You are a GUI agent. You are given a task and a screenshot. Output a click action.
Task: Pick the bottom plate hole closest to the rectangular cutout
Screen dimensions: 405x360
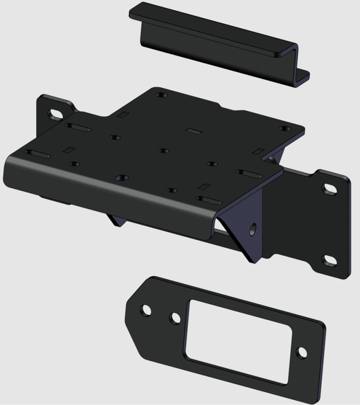coord(175,318)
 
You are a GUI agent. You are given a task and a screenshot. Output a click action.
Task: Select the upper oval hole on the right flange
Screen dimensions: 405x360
coord(330,188)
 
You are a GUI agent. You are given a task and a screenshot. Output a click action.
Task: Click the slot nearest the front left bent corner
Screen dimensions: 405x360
coord(36,152)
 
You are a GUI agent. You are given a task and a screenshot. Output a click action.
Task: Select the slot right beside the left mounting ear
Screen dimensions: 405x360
coord(77,127)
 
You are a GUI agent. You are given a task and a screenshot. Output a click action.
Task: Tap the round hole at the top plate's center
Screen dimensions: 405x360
coord(162,150)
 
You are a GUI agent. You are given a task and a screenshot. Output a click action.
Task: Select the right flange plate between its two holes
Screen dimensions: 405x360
coord(324,225)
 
